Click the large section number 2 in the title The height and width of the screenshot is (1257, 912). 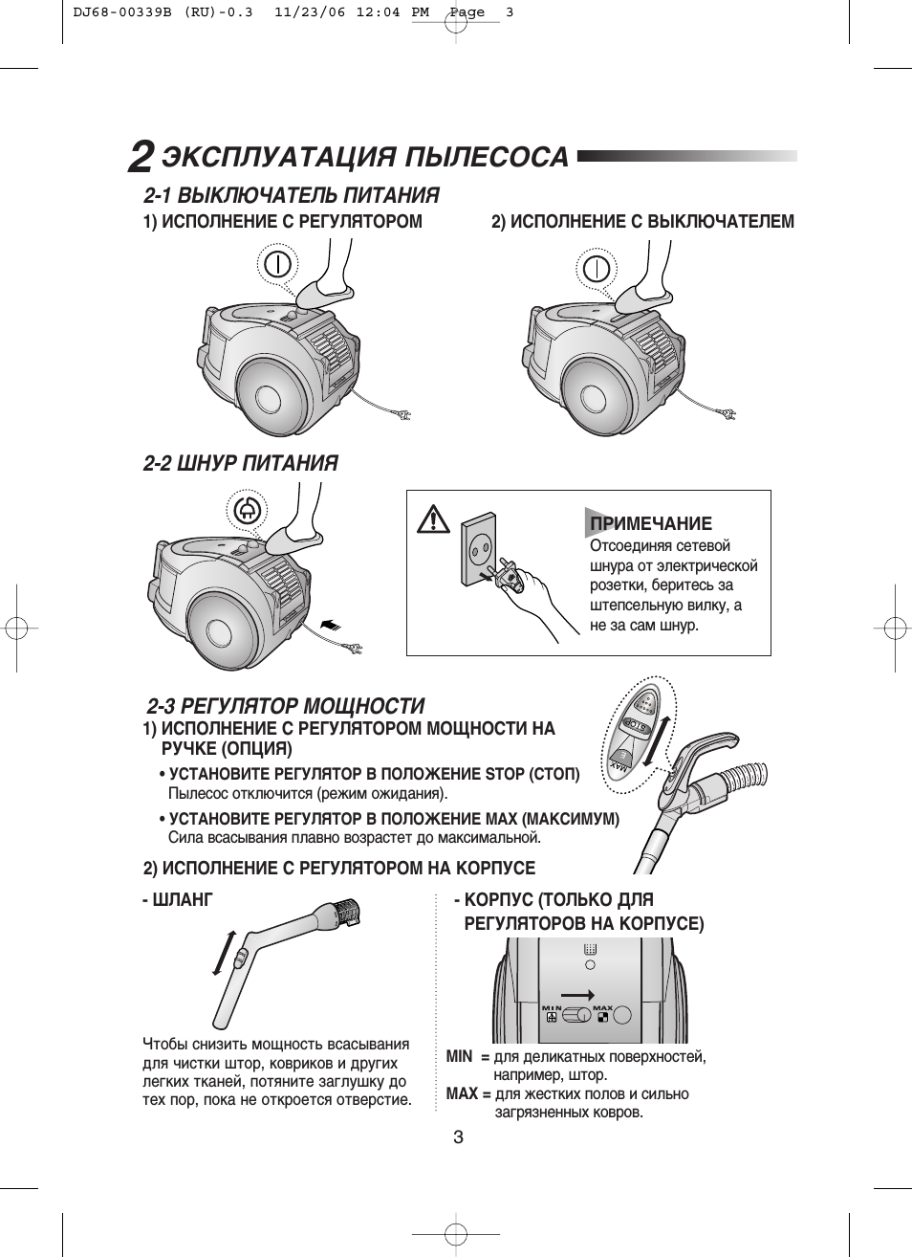pos(141,157)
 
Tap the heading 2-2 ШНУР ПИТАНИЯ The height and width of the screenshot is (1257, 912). pos(241,464)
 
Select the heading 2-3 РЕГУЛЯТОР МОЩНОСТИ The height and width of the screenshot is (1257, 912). pos(286,707)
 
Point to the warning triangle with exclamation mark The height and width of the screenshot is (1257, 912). pos(434,520)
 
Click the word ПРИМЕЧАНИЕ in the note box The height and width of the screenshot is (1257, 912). pos(651,523)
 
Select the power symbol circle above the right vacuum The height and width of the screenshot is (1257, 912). pos(597,267)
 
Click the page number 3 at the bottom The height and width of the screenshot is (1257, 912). pos(458,1137)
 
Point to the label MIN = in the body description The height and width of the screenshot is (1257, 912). pos(467,1057)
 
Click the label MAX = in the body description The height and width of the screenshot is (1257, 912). pos(468,1093)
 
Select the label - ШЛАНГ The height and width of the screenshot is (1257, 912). pos(177,900)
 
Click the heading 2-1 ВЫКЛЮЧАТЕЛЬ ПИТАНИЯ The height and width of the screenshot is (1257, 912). pos(292,196)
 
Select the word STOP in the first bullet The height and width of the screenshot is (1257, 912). pos(506,774)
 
